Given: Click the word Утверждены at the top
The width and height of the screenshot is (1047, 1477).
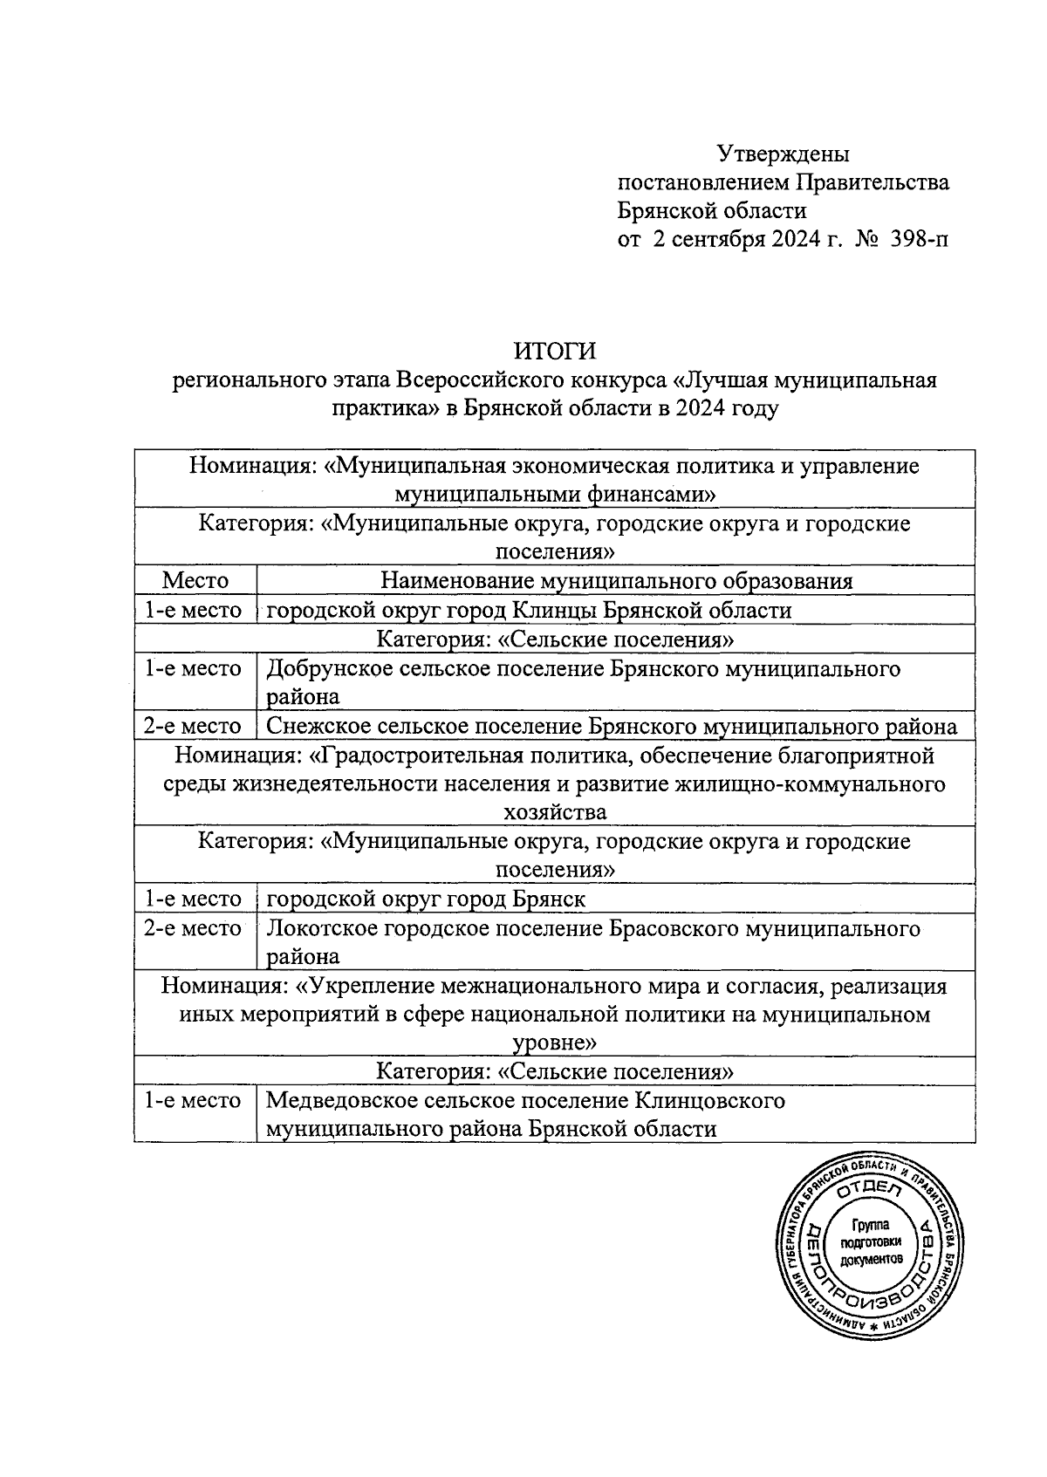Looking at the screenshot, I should (783, 154).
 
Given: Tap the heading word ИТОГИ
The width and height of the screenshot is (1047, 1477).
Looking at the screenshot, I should (555, 351).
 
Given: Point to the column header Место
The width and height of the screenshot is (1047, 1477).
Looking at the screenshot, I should (195, 580).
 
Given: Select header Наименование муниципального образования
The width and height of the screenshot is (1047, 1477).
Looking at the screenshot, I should (616, 580).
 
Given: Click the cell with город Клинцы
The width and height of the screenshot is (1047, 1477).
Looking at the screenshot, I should (529, 610).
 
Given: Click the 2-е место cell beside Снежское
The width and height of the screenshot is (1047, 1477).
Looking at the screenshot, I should (194, 726).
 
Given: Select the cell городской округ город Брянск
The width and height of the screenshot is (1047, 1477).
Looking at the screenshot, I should (426, 899).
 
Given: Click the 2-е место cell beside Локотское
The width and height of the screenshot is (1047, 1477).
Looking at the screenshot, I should (194, 928).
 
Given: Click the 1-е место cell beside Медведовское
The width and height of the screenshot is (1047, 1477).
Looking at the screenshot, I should (194, 1101).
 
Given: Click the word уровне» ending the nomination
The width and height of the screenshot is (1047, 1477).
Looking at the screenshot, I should (555, 1043).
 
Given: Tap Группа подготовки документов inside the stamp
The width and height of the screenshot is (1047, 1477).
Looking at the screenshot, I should (869, 1244).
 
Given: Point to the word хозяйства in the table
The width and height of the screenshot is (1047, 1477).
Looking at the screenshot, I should (555, 812).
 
